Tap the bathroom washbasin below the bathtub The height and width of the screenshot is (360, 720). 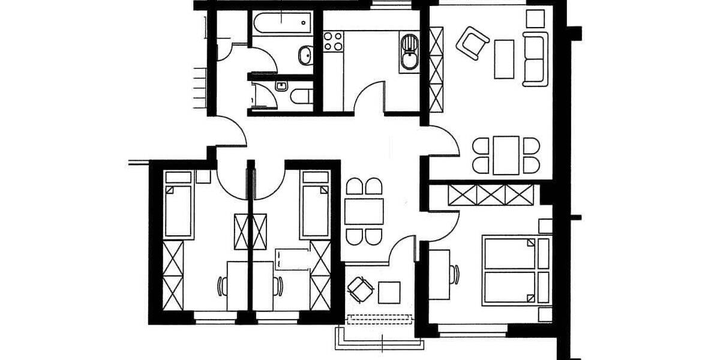[305, 55]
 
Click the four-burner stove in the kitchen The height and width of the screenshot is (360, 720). [333, 41]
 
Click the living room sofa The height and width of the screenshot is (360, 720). [535, 59]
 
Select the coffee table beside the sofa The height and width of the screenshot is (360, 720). [504, 59]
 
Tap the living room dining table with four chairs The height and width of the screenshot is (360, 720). [506, 155]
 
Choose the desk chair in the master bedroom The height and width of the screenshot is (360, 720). [456, 274]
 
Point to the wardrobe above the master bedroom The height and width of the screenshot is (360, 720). [491, 194]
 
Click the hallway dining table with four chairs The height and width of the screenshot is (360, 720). [364, 211]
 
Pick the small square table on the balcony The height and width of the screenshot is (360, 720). [389, 292]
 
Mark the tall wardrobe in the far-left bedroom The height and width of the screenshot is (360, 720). [173, 275]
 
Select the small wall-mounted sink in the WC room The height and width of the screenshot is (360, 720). [281, 86]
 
